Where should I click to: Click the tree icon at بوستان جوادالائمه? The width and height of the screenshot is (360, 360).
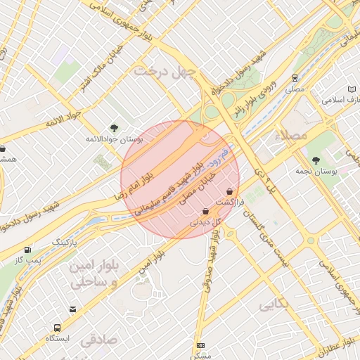click(x=114, y=127)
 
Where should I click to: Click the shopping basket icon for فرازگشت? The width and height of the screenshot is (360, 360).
click(x=230, y=192)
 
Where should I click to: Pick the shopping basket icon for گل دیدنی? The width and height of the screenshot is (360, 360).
click(x=205, y=211)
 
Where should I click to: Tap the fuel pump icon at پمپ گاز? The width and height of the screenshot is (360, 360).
click(x=27, y=250)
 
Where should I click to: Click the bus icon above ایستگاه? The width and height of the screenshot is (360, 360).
click(x=57, y=327)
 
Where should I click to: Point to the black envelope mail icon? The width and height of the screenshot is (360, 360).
click(x=73, y=309)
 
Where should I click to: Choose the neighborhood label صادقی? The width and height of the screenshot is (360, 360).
click(x=98, y=341)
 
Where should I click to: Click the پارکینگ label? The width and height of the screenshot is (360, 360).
click(x=72, y=241)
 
